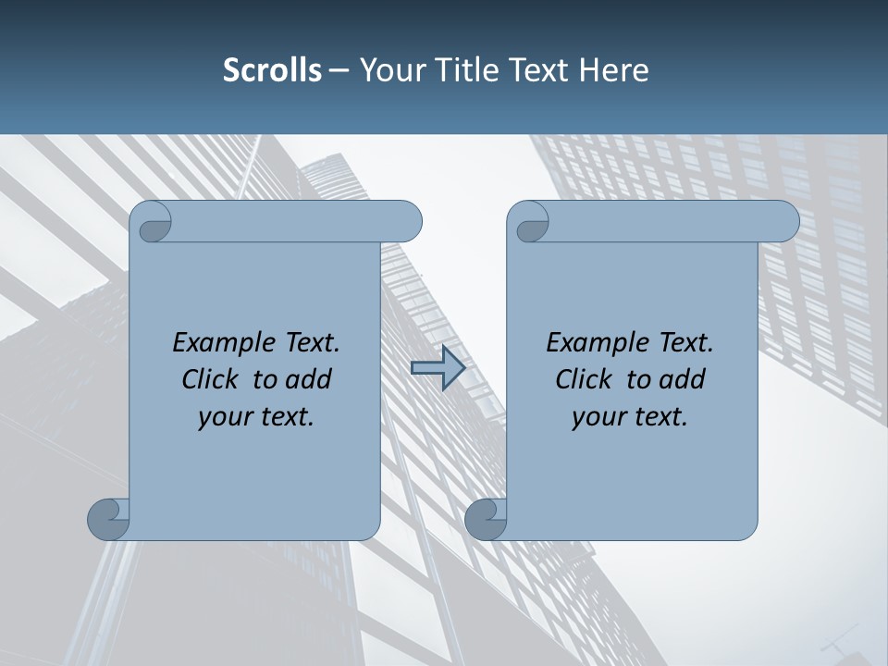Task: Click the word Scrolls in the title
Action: (272, 70)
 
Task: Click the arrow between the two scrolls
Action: (438, 368)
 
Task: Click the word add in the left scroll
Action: (309, 379)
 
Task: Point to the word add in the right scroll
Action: (683, 379)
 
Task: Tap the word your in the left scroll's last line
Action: (222, 417)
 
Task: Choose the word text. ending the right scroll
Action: (658, 417)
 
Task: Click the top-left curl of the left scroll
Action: (152, 223)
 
